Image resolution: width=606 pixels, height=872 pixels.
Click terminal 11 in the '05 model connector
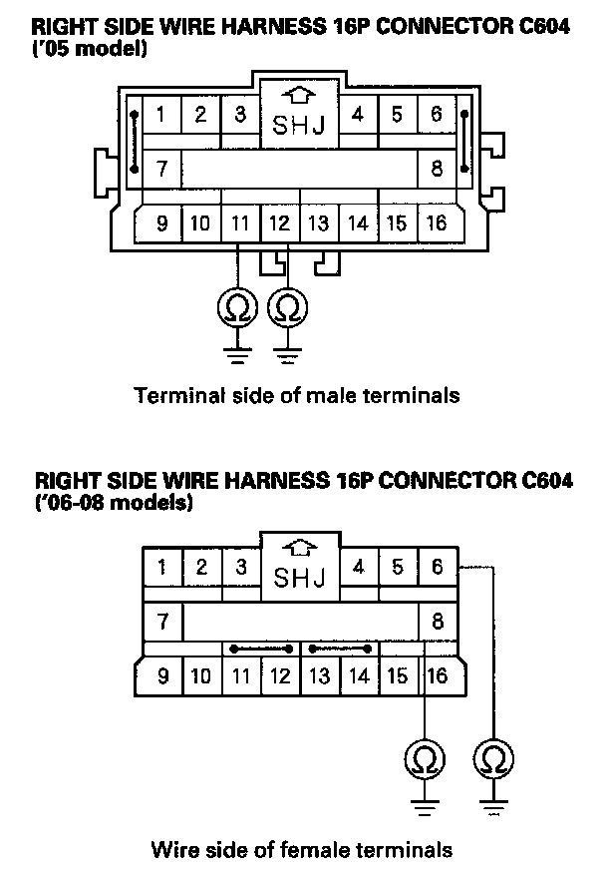(x=239, y=222)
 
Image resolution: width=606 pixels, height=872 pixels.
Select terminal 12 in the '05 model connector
(x=280, y=222)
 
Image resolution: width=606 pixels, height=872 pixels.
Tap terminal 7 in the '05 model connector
(x=161, y=168)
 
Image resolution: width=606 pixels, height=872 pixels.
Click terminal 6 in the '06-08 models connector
(x=438, y=568)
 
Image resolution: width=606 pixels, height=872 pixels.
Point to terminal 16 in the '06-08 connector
(x=437, y=676)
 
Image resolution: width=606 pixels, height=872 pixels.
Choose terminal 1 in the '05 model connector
(x=161, y=114)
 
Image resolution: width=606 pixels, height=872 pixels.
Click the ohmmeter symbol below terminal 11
(x=238, y=307)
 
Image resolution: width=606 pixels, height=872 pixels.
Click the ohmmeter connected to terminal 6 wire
(x=492, y=761)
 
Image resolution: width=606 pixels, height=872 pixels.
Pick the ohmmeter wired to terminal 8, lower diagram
(x=426, y=761)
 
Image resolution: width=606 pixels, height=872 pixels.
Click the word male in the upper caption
(x=323, y=395)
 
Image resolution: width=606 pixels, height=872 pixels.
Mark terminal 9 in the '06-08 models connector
(x=161, y=676)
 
